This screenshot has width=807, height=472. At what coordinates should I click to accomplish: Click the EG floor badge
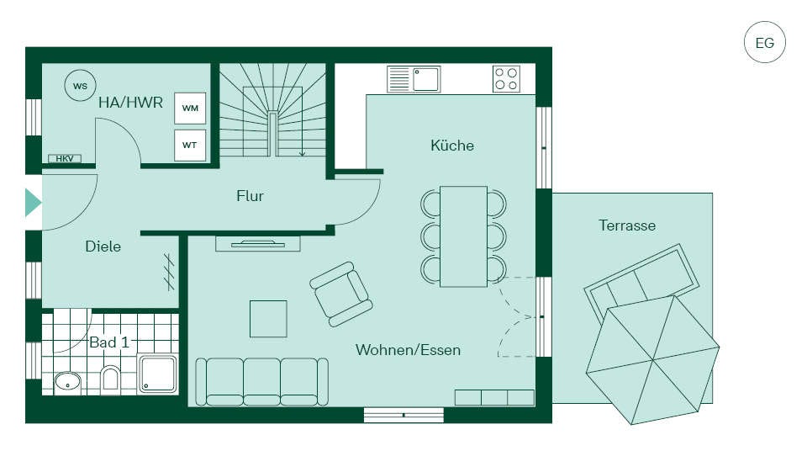click(x=765, y=42)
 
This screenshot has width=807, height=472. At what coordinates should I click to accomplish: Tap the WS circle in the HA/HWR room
click(x=81, y=86)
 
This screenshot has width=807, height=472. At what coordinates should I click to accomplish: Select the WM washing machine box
click(x=190, y=109)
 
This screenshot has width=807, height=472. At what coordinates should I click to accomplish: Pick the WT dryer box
click(x=190, y=146)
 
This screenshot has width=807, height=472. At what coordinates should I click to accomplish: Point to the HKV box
click(x=65, y=159)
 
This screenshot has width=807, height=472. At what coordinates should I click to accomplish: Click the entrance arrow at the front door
click(x=33, y=202)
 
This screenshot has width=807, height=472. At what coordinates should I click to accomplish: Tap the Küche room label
click(x=452, y=146)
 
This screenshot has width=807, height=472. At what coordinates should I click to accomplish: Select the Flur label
click(x=251, y=196)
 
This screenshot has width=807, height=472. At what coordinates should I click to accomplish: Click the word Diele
click(x=103, y=247)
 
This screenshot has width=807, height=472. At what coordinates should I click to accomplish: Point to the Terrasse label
click(x=627, y=225)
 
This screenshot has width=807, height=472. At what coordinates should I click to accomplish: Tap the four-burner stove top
click(x=506, y=79)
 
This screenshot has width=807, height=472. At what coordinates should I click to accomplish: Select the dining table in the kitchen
click(x=463, y=236)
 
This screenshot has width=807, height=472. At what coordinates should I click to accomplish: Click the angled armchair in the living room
click(x=341, y=294)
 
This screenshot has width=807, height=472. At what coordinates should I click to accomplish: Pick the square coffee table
click(x=269, y=319)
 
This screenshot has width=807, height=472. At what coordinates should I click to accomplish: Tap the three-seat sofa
click(x=262, y=382)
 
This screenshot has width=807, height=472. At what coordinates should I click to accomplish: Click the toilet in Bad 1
click(x=110, y=378)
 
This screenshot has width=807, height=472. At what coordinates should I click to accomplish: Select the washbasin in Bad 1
click(x=67, y=382)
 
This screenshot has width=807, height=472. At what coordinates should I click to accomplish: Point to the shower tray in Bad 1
click(x=158, y=374)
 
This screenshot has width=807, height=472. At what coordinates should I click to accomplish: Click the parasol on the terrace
click(x=652, y=359)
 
